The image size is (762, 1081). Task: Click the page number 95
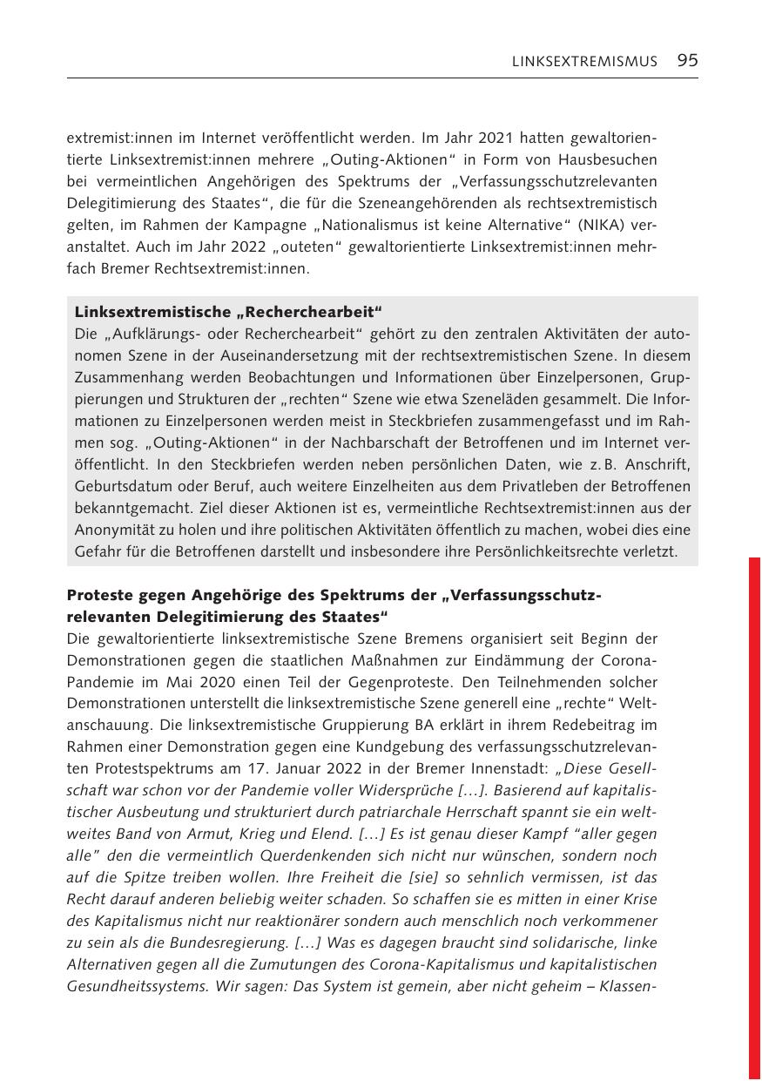[x=687, y=60]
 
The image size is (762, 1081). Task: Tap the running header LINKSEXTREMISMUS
[x=584, y=61]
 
